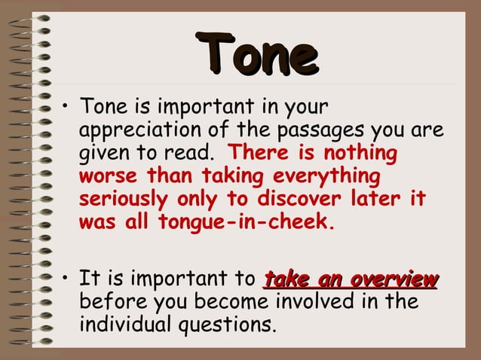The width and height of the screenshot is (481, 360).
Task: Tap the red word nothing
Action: (x=360, y=154)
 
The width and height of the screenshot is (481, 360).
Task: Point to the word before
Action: (x=109, y=303)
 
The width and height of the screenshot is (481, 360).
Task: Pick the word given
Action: (x=103, y=154)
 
